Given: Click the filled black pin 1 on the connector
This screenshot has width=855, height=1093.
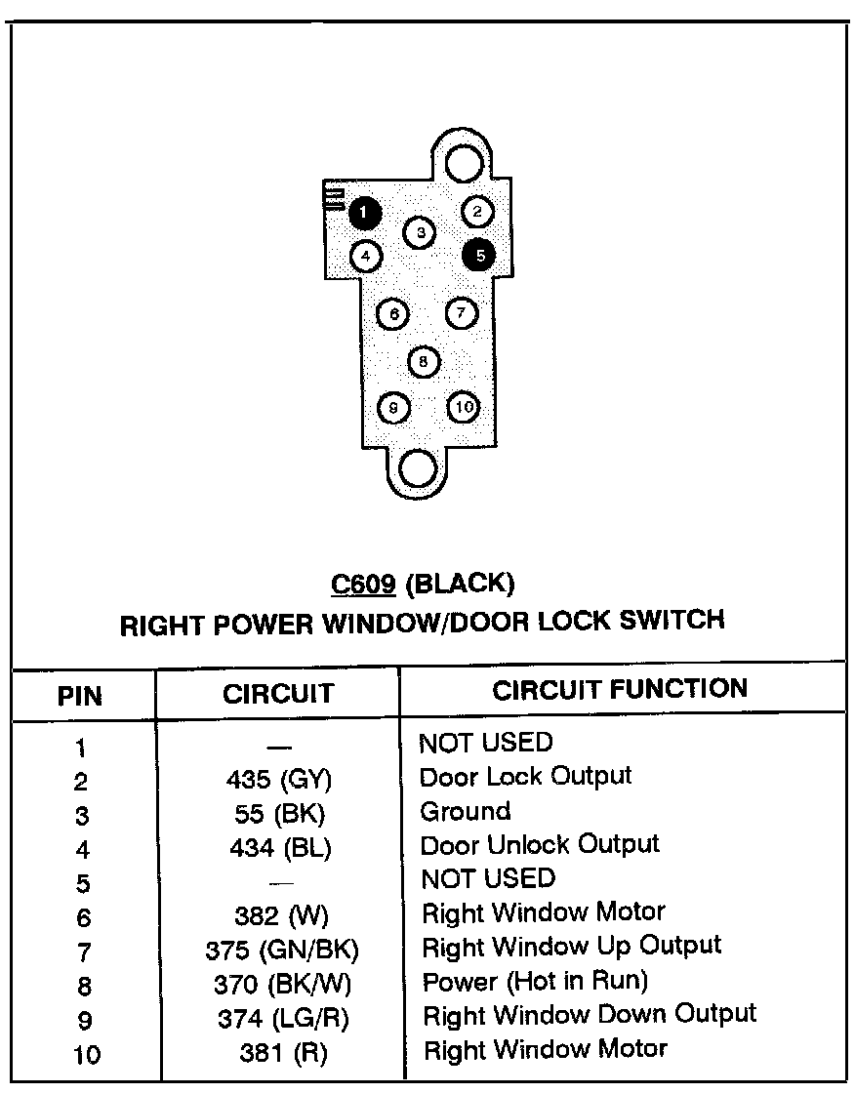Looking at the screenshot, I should (x=363, y=212).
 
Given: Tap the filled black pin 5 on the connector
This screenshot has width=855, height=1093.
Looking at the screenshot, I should (x=479, y=255).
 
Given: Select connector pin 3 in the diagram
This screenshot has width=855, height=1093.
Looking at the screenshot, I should (x=420, y=232).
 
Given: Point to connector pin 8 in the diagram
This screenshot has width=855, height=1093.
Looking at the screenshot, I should (x=423, y=362).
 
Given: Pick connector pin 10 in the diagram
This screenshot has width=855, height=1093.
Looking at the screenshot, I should (x=464, y=407).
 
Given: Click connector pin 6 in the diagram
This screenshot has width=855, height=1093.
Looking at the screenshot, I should (x=392, y=314).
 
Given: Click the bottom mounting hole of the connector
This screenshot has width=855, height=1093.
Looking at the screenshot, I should (x=418, y=469).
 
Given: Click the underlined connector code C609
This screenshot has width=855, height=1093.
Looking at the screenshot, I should (x=363, y=584).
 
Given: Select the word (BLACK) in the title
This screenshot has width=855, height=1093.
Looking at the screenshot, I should (x=459, y=584).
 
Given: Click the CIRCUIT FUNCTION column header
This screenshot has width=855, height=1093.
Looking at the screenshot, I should (x=620, y=690).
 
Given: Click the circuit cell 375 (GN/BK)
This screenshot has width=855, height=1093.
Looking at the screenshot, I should (x=282, y=950).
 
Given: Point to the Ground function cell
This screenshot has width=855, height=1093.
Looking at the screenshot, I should (x=466, y=811).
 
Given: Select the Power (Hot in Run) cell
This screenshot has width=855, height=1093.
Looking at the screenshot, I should (x=534, y=980).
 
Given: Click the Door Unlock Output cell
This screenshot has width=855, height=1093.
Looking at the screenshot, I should (x=540, y=844).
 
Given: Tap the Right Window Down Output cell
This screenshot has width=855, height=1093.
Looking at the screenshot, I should (x=590, y=1014).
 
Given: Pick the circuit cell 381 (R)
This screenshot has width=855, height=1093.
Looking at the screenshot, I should (x=283, y=1053).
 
